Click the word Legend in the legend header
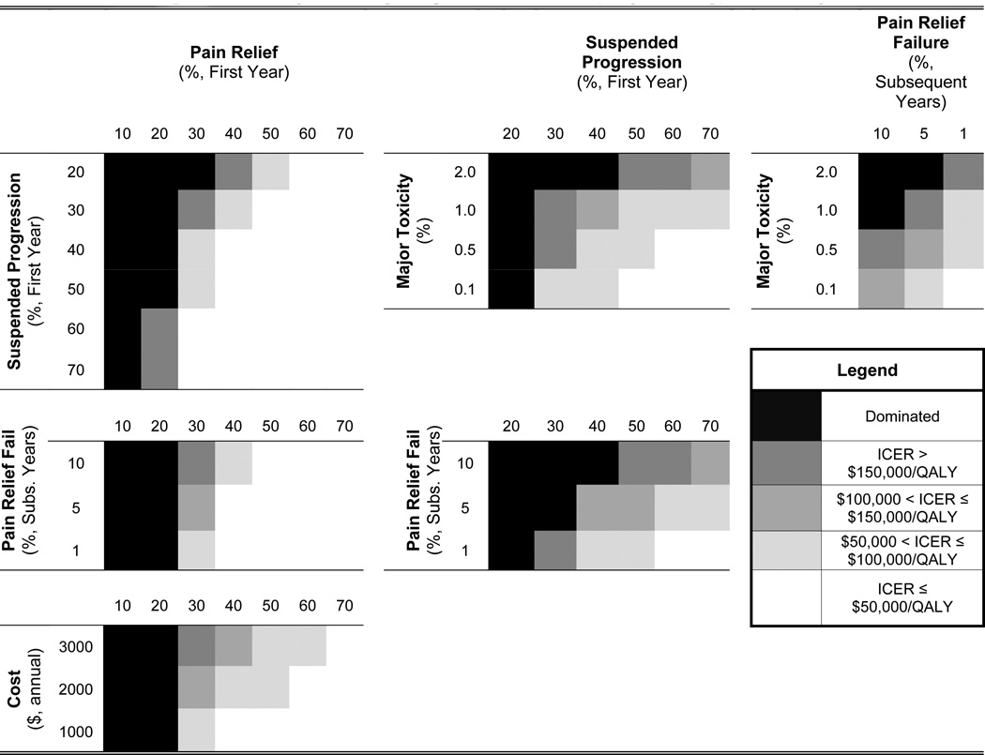[866, 370]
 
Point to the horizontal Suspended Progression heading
[631, 62]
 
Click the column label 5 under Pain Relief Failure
[925, 134]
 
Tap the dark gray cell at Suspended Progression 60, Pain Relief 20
[159, 329]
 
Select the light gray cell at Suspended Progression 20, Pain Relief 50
[270, 172]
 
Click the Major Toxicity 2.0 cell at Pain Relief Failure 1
[963, 172]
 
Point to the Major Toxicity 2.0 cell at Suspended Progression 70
[709, 172]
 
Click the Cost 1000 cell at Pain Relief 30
[196, 732]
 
